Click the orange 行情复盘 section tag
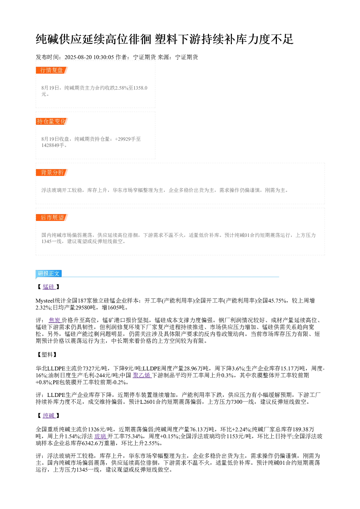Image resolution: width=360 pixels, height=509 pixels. click(x=52, y=70)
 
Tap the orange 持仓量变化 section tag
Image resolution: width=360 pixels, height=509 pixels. click(x=52, y=121)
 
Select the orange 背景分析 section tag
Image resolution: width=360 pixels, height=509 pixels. click(x=52, y=172)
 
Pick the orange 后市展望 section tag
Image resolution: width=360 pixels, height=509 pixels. click(x=52, y=217)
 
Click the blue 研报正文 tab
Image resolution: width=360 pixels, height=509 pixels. click(x=49, y=274)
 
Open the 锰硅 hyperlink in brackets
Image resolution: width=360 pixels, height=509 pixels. click(x=49, y=287)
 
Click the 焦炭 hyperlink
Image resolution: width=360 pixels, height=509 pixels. click(x=55, y=320)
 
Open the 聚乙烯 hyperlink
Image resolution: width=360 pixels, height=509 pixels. click(x=142, y=375)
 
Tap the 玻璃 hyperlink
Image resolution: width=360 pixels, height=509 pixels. click(x=100, y=436)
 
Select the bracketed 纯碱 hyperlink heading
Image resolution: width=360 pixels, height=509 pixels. click(x=49, y=416)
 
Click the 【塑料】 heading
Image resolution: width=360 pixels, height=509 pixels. click(x=47, y=355)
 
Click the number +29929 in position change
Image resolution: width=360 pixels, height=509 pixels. click(x=123, y=139)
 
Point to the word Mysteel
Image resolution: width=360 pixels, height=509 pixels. click(x=45, y=301)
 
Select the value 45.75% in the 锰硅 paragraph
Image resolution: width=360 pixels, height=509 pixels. click(x=277, y=301)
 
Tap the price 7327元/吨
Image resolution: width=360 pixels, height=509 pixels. click(x=95, y=369)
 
